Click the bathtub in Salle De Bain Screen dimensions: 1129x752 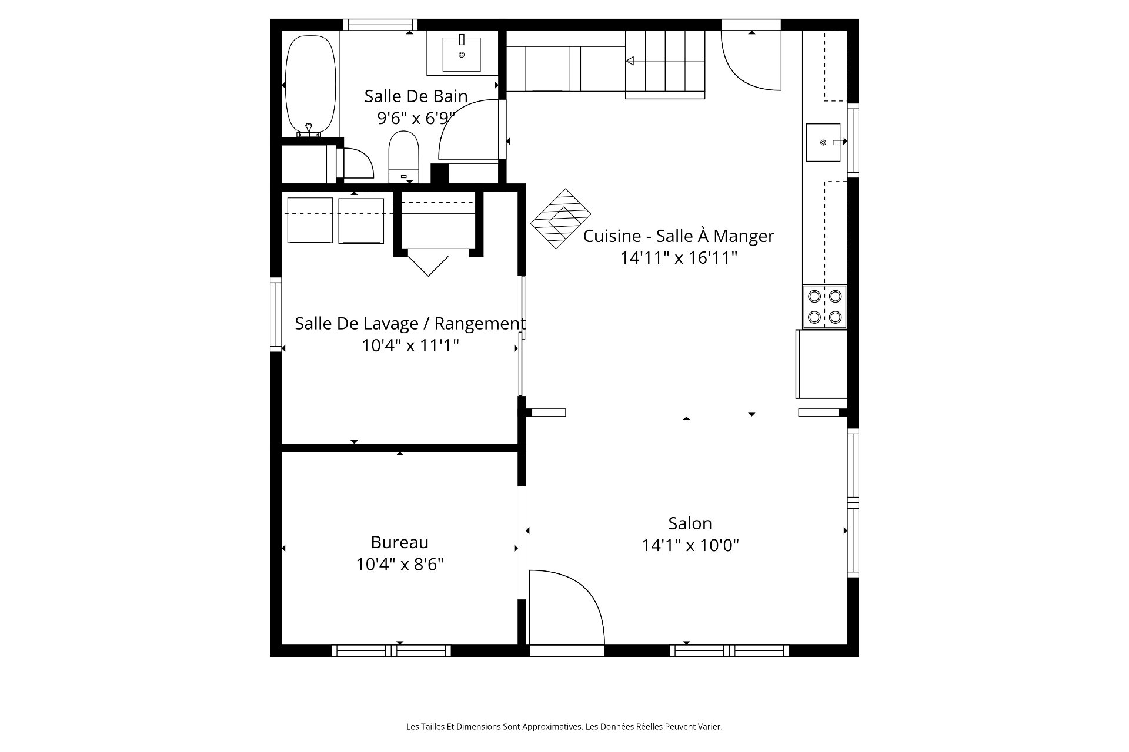point(310,86)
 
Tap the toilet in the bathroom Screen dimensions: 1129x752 point(403,157)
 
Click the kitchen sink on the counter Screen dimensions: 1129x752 point(823,142)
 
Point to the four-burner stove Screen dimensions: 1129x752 point(824,307)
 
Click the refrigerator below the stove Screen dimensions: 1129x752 point(821,364)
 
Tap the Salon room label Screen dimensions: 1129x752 point(690,523)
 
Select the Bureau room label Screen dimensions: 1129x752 point(400,542)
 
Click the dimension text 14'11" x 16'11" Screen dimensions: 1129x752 point(679,258)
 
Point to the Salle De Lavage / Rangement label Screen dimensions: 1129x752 point(410,323)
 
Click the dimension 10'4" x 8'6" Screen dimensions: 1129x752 point(400,564)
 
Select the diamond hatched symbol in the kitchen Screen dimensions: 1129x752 point(561,219)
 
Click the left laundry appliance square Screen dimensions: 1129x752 point(310,220)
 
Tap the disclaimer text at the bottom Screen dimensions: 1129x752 point(564,727)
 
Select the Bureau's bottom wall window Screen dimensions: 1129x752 point(391,650)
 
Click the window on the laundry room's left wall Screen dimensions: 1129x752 point(276,314)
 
